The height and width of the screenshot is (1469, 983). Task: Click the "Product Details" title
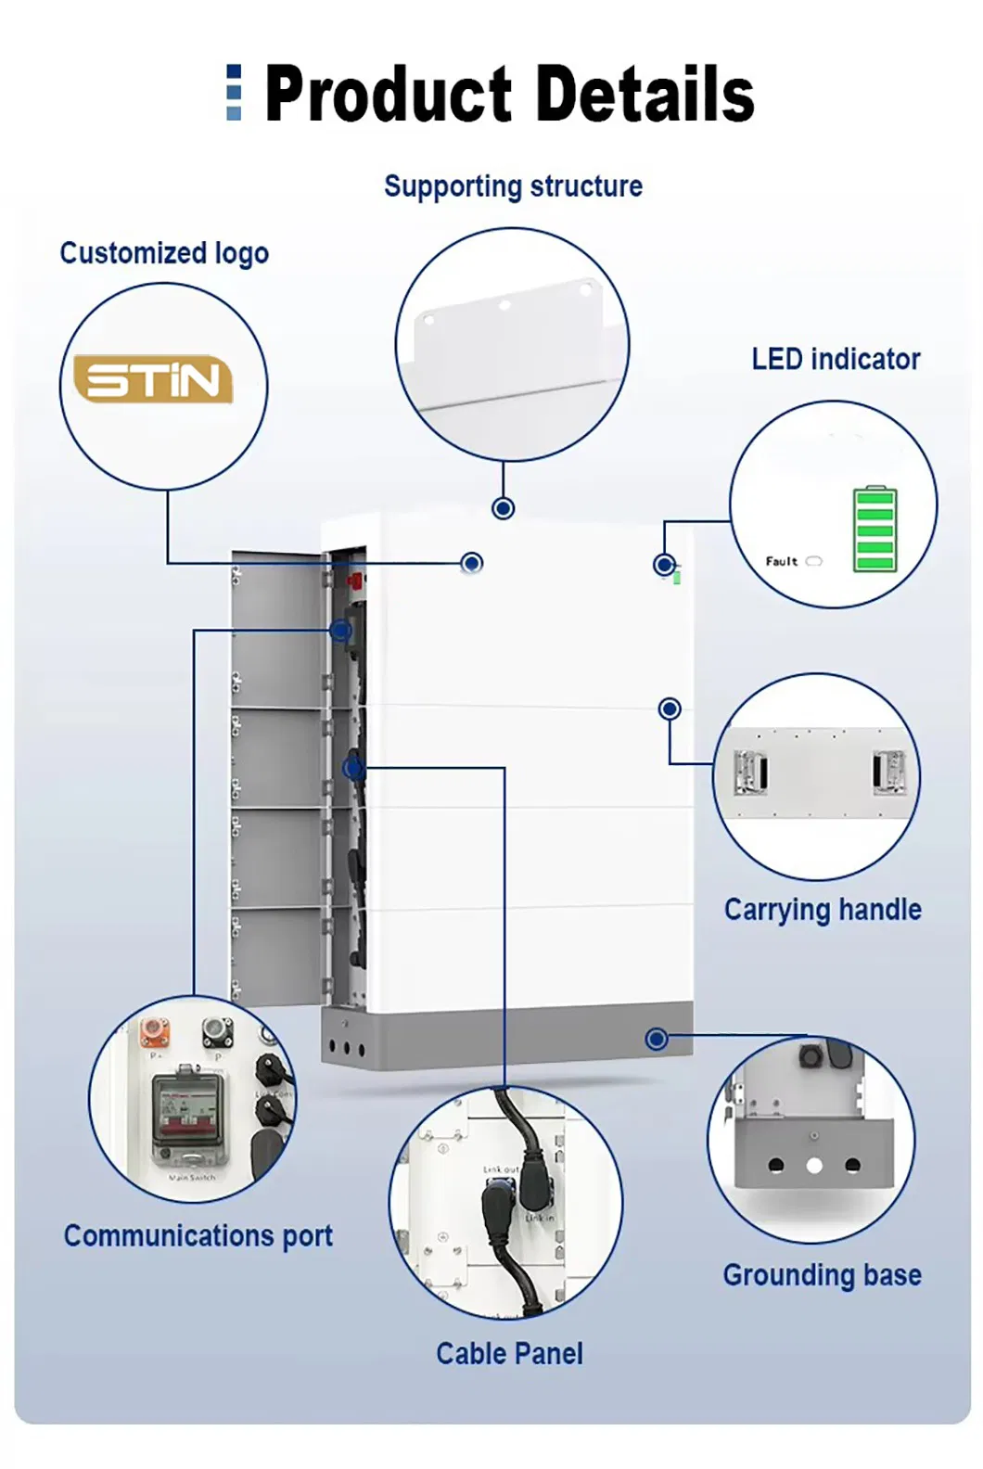pos(509,94)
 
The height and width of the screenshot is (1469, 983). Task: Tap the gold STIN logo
pos(153,379)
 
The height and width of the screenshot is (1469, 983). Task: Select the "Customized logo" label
pos(164,253)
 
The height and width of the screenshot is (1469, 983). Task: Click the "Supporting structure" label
pos(513,186)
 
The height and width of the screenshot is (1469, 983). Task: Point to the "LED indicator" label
pos(836,360)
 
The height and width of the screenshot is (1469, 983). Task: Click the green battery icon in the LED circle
pos(874,529)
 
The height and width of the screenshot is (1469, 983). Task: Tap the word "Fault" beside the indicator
pos(781,561)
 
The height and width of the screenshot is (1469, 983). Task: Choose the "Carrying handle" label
pos(823,910)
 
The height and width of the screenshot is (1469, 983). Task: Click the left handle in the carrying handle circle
pos(751,773)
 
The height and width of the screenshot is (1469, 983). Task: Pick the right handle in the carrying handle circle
pos(887,773)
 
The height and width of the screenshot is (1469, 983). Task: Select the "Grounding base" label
pos(822,1275)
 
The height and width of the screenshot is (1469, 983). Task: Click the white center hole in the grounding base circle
pos(814,1166)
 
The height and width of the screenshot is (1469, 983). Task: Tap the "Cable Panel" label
pos(509,1354)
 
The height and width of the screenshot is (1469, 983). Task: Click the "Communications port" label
pos(198,1236)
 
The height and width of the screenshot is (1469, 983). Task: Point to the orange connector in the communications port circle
pos(154,1030)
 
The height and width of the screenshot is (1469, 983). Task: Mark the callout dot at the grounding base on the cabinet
pos(657,1039)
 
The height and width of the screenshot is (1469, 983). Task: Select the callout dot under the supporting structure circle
pos(504,508)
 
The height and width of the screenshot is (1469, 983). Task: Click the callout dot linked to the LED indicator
pos(664,564)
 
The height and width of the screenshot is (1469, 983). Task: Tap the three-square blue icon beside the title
pos(234,93)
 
